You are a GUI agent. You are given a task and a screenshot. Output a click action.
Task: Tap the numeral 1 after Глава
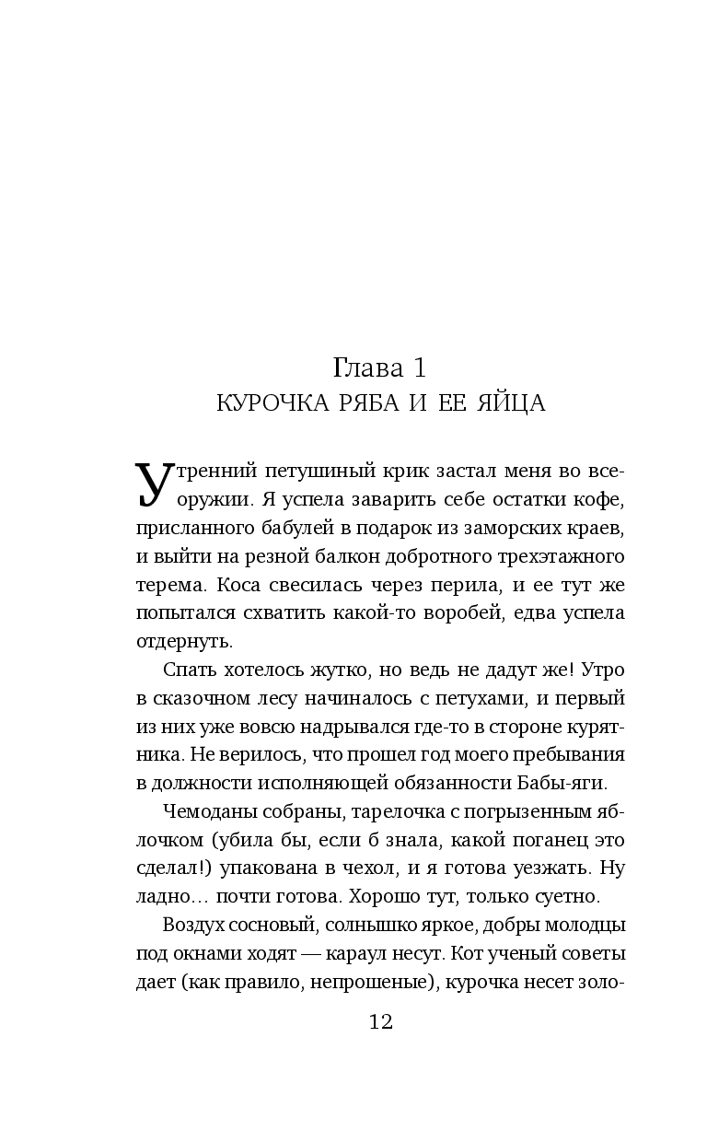click(x=418, y=368)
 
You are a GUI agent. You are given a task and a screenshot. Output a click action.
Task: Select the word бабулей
click(x=267, y=531)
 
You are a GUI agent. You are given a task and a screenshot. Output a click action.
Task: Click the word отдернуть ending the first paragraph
click(x=184, y=641)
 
